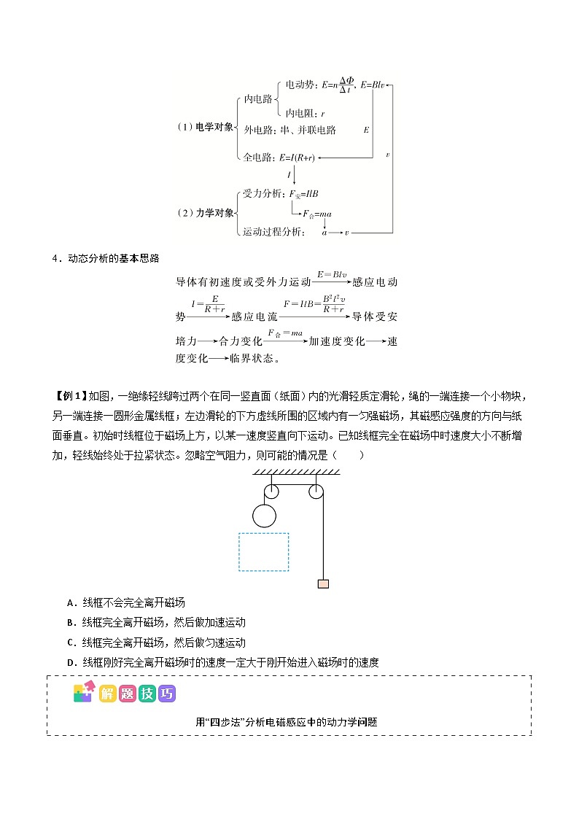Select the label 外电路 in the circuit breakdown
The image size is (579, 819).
256,130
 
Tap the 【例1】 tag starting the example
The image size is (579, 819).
70,396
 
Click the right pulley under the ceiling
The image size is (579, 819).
316,492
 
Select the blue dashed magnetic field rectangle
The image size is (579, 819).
264,551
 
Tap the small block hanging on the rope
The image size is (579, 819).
322,583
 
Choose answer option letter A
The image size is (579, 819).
70,603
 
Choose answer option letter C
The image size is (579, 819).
70,643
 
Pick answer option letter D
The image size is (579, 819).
70,662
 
